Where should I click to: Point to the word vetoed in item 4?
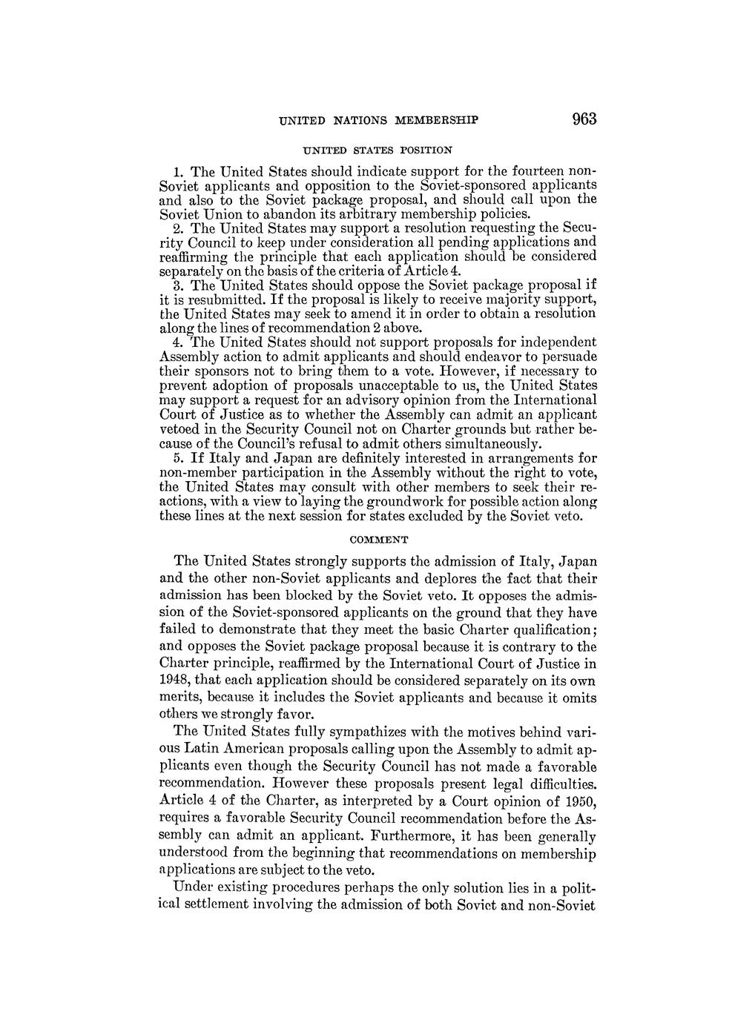pyautogui.click(x=180, y=429)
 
